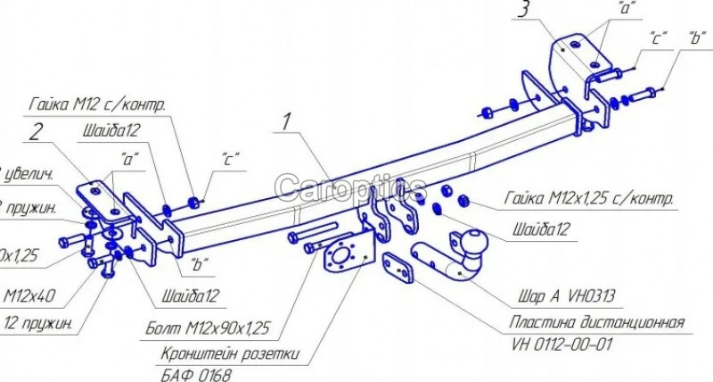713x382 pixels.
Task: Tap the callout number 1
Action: (285, 121)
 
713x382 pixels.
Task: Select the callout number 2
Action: (37, 132)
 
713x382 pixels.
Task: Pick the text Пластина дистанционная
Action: (597, 322)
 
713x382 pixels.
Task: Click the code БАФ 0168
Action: (198, 376)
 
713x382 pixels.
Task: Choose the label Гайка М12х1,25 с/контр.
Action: (588, 198)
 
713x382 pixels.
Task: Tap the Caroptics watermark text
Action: (349, 187)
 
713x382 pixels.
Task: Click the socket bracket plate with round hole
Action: (346, 254)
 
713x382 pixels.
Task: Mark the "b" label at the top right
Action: (694, 37)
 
